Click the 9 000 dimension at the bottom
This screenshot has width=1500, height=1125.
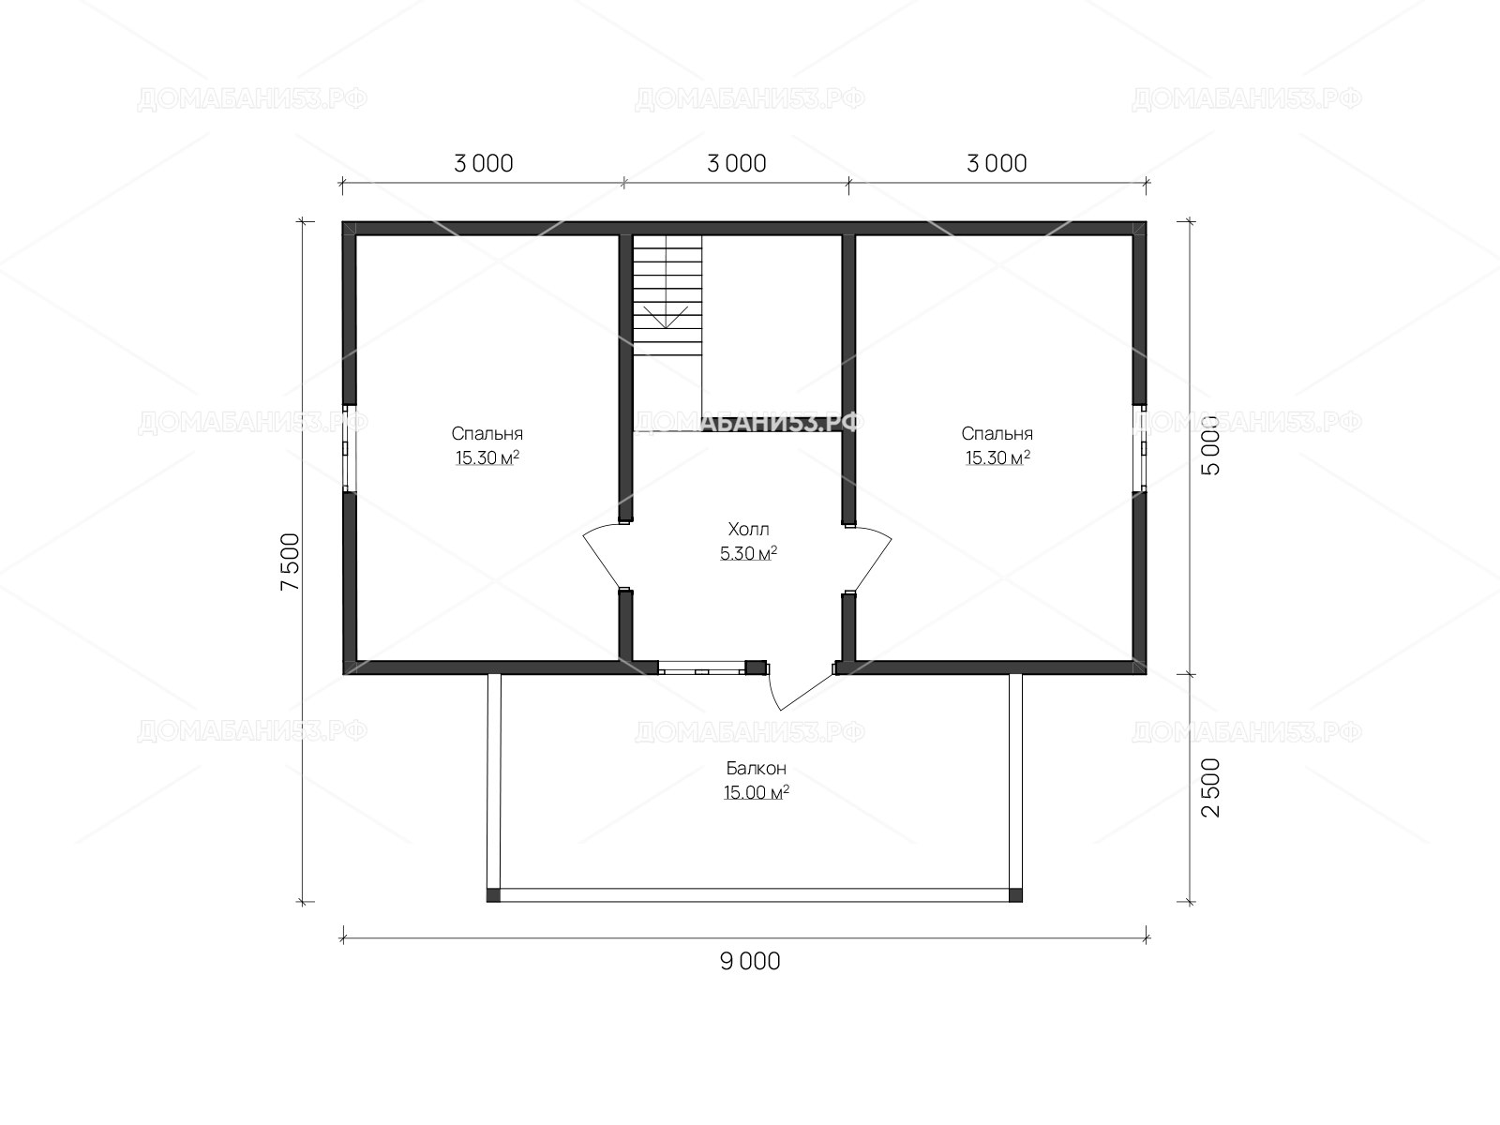[750, 962]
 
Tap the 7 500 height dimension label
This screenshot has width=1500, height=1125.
[291, 562]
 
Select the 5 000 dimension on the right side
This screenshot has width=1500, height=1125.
[1209, 444]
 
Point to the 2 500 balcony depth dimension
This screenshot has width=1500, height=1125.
[1209, 787]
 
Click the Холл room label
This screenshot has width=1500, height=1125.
[748, 529]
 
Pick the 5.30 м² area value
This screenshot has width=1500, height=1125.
[748, 552]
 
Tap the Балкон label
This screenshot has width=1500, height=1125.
[756, 769]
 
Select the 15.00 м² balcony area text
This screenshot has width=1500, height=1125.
[756, 792]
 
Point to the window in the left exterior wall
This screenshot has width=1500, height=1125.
[349, 448]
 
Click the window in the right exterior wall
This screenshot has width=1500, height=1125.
[1139, 448]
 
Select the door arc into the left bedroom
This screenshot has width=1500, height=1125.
[601, 555]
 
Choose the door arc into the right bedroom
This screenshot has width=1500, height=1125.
[874, 558]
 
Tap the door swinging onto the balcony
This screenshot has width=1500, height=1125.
[798, 688]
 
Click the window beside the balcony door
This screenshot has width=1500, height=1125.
[701, 668]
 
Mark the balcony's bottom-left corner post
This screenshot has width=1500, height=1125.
[493, 894]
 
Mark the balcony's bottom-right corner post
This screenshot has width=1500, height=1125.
[1015, 894]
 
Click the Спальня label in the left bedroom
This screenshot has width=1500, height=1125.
[487, 434]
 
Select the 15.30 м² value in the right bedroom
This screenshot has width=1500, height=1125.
[997, 457]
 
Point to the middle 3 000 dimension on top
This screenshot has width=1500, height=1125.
[736, 164]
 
